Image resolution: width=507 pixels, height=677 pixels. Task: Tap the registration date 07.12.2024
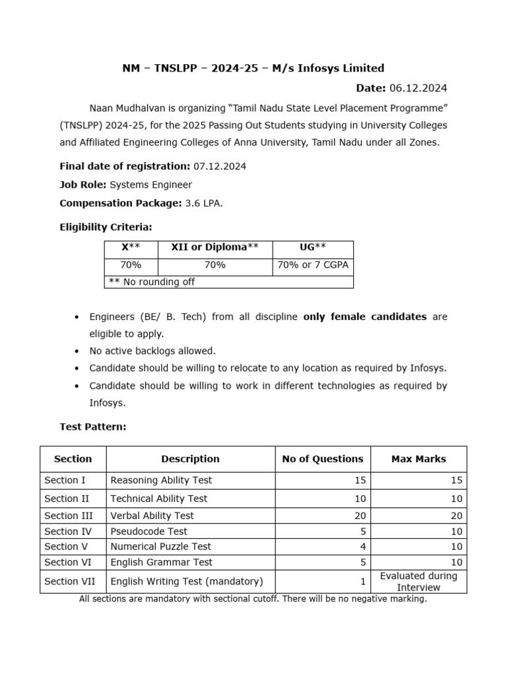click(220, 167)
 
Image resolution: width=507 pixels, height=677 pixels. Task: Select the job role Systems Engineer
click(151, 184)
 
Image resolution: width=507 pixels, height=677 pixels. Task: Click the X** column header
click(130, 247)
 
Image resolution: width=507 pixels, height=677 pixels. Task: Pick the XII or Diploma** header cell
click(215, 247)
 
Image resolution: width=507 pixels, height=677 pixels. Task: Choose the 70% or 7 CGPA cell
click(312, 265)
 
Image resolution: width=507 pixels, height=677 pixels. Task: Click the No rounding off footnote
click(150, 282)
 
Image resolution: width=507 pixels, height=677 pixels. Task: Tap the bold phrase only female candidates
click(364, 317)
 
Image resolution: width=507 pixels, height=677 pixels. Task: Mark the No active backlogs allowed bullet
click(152, 351)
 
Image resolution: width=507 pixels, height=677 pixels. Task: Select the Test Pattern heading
click(92, 427)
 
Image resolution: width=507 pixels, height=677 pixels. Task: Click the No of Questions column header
click(322, 459)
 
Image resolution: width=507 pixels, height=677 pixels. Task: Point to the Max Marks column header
click(419, 459)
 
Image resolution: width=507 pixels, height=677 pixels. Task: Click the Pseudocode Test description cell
click(149, 532)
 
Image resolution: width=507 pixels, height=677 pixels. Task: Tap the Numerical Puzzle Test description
click(160, 547)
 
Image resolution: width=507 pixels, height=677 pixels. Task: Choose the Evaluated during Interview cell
click(419, 582)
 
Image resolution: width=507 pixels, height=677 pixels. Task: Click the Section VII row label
click(70, 582)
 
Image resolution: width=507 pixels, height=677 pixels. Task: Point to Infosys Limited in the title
click(341, 68)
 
